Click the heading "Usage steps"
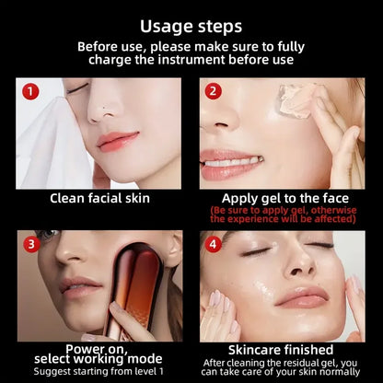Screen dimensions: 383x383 (x=191, y=25)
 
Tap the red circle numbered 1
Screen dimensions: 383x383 (x=30, y=91)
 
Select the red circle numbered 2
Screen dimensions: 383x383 (x=212, y=91)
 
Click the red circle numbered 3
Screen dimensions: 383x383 (x=30, y=244)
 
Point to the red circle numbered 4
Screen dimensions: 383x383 (x=212, y=244)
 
